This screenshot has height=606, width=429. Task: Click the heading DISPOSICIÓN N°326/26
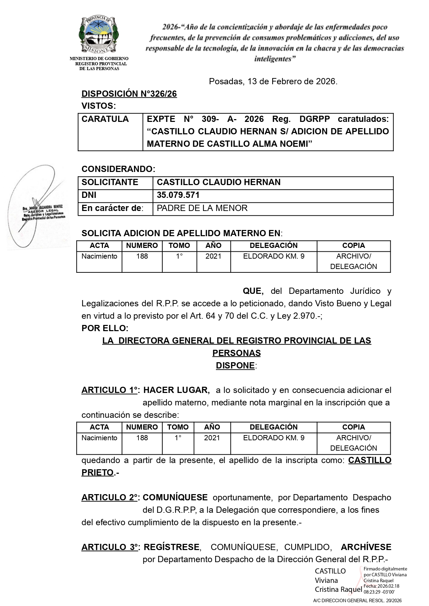point(129,94)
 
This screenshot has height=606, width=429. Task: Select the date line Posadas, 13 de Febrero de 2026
point(273,81)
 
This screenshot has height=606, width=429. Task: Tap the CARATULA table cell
point(105,119)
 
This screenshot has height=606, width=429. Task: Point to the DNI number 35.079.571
point(178,195)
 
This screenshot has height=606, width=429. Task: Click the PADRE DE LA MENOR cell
point(202,208)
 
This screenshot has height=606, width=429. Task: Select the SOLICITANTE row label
point(110,182)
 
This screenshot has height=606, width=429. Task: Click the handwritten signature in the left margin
point(36,207)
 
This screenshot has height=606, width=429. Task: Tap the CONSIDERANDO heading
point(118,169)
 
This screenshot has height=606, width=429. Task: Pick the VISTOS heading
point(98,106)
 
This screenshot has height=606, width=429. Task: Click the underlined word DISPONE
point(235,366)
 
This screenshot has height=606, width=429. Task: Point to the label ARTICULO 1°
point(110,390)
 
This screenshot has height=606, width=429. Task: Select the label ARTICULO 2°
point(110,498)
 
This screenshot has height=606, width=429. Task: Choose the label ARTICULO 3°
point(110,547)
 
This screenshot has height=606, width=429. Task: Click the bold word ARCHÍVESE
point(366,547)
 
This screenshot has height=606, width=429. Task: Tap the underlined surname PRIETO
point(97,473)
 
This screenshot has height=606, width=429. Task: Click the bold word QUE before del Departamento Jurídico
point(253,291)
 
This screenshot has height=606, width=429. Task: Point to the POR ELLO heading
point(105,328)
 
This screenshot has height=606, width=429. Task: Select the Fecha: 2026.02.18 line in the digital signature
point(381,586)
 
